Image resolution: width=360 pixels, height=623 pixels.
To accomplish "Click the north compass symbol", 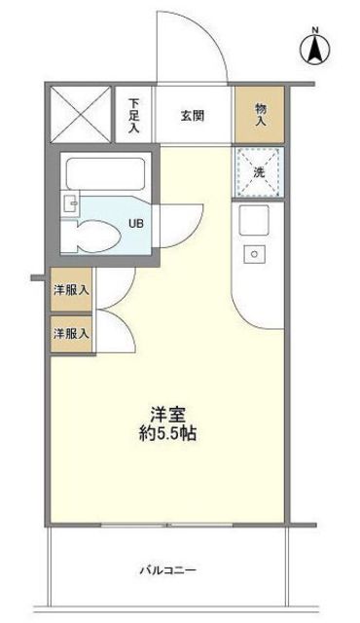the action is click(314, 49).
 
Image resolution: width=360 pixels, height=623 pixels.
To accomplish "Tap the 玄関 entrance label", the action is click(193, 116).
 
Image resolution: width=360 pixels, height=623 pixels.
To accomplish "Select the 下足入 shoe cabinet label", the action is click(134, 116).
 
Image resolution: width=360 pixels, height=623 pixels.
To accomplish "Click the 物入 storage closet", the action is click(260, 115).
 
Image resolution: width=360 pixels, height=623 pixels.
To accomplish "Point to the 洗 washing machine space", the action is click(259, 172).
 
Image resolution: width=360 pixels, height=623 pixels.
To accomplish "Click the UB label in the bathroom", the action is click(135, 223).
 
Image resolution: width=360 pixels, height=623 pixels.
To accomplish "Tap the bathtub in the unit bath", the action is click(105, 174).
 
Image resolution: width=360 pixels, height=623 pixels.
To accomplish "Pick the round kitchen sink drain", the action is click(254, 253).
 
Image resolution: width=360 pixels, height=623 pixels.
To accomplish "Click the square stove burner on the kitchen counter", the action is click(254, 220).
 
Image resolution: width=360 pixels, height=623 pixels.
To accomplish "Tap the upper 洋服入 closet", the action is click(71, 290).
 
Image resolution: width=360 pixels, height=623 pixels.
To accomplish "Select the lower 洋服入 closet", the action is click(71, 334).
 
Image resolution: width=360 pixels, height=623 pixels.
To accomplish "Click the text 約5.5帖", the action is click(168, 434).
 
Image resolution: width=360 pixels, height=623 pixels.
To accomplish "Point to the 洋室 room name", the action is click(168, 415).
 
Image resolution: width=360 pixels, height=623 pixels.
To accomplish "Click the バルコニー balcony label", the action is click(168, 571).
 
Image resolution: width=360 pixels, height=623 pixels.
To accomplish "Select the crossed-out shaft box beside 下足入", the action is click(81, 115).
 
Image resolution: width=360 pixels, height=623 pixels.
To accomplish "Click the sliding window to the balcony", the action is click(167, 525).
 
